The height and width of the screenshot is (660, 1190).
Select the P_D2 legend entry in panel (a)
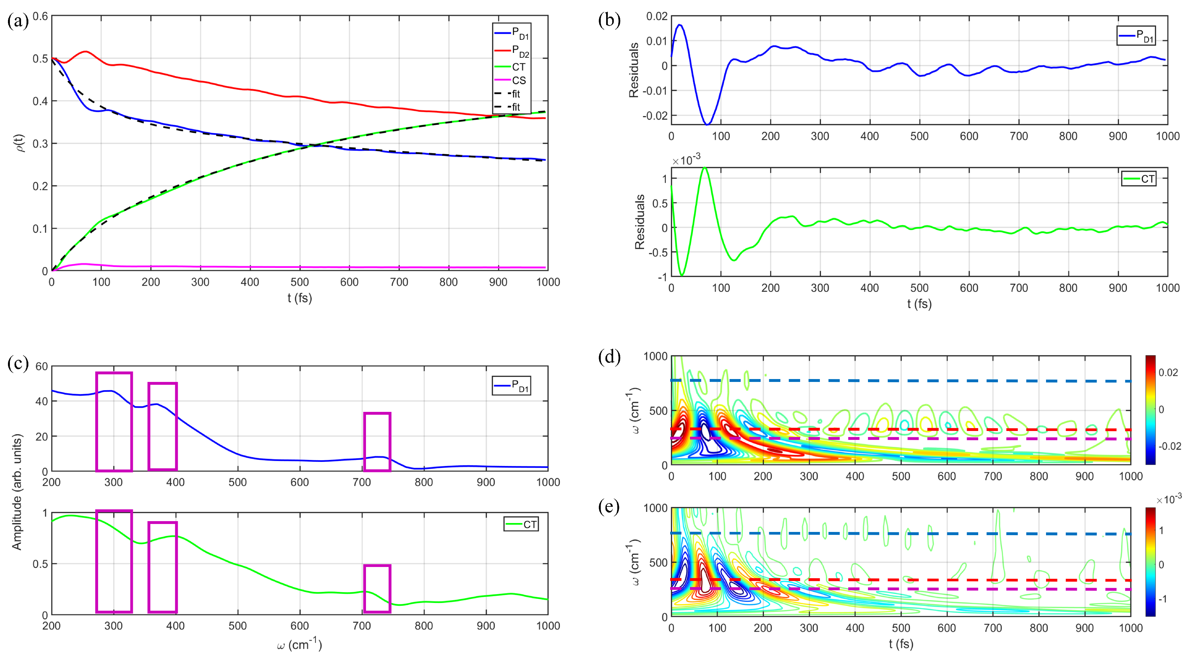point(520,50)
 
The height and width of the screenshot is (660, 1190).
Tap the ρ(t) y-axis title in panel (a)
point(19,143)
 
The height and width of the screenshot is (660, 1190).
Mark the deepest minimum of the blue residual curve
point(707,124)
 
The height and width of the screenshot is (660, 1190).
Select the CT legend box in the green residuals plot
point(1139,179)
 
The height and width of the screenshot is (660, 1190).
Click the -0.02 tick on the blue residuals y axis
point(655,115)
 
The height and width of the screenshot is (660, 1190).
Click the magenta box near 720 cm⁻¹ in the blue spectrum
point(377,441)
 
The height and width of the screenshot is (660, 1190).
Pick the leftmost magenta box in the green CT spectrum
point(114,561)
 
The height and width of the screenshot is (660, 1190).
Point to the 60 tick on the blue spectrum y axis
point(42,367)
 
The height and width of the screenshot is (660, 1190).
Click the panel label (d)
point(609,357)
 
